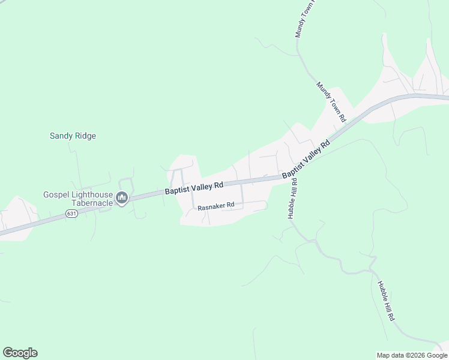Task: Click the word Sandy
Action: [x=61, y=136]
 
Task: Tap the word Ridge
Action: [x=85, y=136]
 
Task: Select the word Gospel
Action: [x=56, y=194]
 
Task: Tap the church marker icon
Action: [x=122, y=198]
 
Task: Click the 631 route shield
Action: [x=72, y=213]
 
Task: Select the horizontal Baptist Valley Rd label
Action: [x=194, y=188]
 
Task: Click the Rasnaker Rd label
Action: [x=215, y=205]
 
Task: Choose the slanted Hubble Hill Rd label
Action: [x=386, y=301]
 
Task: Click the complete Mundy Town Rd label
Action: [x=332, y=103]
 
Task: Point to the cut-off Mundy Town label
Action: [x=306, y=19]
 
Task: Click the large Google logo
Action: [x=20, y=353]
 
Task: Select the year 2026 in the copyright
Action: [x=417, y=355]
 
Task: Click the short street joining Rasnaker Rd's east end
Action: [x=242, y=193]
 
